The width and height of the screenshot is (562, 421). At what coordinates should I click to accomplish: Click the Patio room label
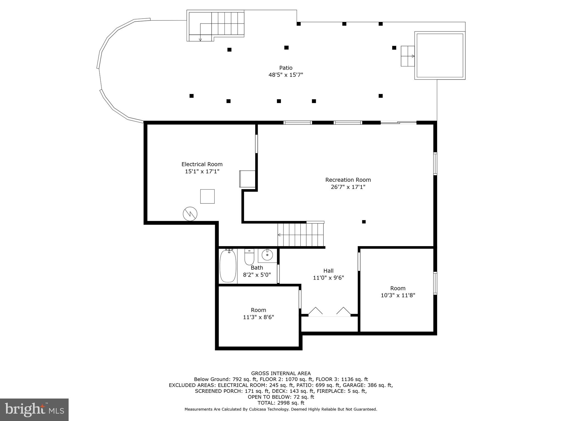(286, 68)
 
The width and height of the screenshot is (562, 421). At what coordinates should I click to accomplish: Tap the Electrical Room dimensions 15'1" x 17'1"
(202, 172)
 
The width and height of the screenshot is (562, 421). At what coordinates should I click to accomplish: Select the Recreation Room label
(348, 180)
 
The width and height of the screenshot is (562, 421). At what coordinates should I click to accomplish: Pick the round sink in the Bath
(267, 255)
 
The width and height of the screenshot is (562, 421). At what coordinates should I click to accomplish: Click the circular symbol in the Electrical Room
(190, 214)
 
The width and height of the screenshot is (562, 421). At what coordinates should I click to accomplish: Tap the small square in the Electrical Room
(207, 196)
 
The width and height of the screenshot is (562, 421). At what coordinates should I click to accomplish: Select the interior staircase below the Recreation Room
(301, 235)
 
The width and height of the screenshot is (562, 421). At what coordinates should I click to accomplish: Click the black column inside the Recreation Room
(364, 222)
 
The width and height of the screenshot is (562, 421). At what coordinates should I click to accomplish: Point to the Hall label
(328, 271)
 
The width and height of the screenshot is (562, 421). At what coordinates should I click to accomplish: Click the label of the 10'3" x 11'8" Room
(398, 288)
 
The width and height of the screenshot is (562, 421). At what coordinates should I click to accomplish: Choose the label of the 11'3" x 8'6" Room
(258, 310)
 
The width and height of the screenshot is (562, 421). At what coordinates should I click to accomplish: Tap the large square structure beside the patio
(440, 56)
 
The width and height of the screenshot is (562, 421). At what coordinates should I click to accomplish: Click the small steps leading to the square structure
(408, 56)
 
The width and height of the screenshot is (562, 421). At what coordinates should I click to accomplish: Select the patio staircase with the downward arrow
(215, 26)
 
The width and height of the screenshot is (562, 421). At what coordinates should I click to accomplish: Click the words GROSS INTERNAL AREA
(281, 373)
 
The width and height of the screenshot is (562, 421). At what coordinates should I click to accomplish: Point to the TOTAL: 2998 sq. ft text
(281, 403)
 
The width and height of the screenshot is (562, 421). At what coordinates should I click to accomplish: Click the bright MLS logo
(34, 409)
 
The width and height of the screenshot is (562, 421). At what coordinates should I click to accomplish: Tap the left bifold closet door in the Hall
(315, 311)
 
